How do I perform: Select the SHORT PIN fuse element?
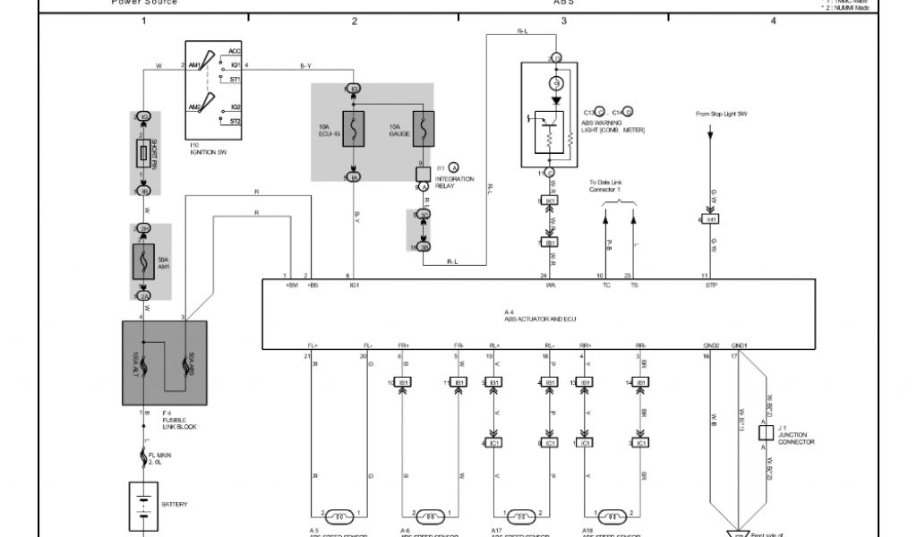click(x=143, y=155)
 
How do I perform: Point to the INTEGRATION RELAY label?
click(x=455, y=182)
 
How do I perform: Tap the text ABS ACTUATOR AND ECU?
click(x=538, y=316)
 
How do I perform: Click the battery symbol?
click(x=143, y=505)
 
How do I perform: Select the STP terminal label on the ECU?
click(x=712, y=285)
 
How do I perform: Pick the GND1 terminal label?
click(x=739, y=345)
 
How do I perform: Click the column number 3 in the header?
click(x=563, y=21)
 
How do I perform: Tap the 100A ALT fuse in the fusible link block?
click(x=144, y=362)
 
